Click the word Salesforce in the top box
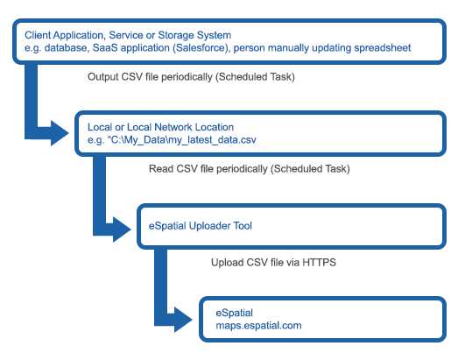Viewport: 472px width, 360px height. pyautogui.click(x=201, y=48)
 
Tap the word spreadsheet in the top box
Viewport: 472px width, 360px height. pyautogui.click(x=383, y=48)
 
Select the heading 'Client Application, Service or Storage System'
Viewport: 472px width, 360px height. pyautogui.click(x=128, y=35)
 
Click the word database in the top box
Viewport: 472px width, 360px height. pyautogui.click(x=66, y=48)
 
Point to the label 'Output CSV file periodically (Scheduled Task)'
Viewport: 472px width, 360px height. pyautogui.click(x=191, y=77)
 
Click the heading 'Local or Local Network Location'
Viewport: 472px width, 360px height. pyautogui.click(x=161, y=127)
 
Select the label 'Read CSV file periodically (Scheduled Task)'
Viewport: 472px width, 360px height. pyautogui.click(x=250, y=169)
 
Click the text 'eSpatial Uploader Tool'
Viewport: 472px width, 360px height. pyautogui.click(x=201, y=226)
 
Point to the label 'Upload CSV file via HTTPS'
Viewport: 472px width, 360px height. pyautogui.click(x=273, y=263)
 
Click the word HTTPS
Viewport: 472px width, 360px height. pyautogui.click(x=320, y=263)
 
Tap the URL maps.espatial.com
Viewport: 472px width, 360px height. pyautogui.click(x=258, y=325)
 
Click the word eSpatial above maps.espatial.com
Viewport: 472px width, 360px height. pyautogui.click(x=234, y=313)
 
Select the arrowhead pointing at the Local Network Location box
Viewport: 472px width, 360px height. pyautogui.click(x=60, y=133)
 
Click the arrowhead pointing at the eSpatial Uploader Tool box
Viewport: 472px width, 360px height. pyautogui.click(x=122, y=229)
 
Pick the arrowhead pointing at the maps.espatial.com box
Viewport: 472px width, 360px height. pyautogui.click(x=183, y=320)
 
